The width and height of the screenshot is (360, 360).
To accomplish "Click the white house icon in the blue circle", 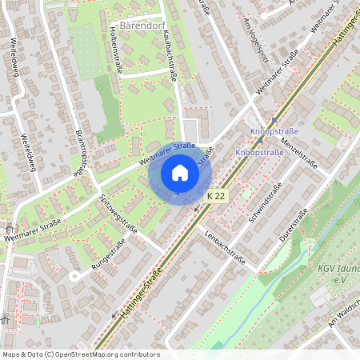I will pos(180,173).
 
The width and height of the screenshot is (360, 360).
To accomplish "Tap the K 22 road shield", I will pos(215,196).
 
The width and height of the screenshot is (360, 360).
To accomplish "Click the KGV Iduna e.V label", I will pos(336,276).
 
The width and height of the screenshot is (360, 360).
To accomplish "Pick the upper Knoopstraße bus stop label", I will pos(274,130).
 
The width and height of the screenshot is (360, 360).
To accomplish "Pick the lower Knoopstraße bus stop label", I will pos(260,152).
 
